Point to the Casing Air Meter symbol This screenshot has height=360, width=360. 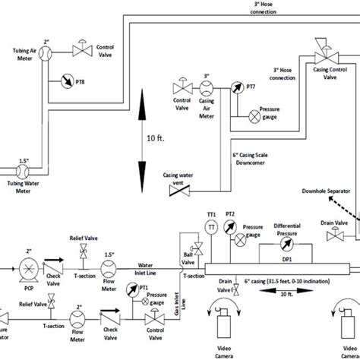[207, 88]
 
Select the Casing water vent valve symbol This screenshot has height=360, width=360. [180, 191]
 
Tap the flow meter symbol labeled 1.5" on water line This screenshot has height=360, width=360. [108, 267]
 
